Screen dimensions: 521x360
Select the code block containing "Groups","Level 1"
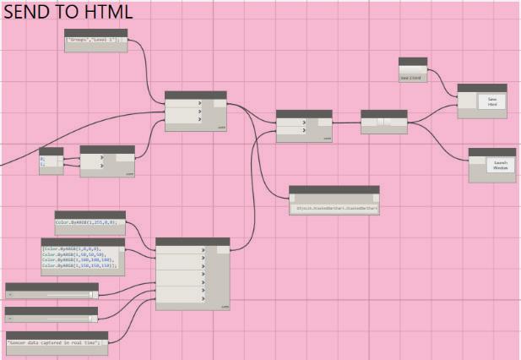(95, 41)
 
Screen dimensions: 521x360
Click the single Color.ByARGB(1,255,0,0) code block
(90, 223)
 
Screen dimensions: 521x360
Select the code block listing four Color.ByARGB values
(83, 256)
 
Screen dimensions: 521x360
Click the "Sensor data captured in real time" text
(57, 342)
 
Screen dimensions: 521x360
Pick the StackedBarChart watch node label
(334, 206)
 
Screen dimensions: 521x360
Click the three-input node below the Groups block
(195, 112)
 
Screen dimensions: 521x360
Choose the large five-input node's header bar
(193, 242)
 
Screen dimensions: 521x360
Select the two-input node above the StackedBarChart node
(304, 125)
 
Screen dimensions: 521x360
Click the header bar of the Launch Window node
(491, 152)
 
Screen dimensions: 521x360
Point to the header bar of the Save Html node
(481, 88)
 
